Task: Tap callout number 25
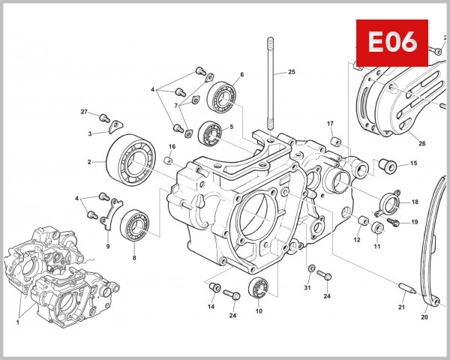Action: click(x=292, y=72)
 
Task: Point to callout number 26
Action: click(x=421, y=144)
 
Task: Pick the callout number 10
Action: click(x=259, y=311)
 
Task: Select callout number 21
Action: click(x=401, y=308)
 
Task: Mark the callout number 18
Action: click(x=415, y=202)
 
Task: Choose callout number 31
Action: click(x=307, y=288)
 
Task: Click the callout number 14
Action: click(x=211, y=307)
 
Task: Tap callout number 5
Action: click(x=231, y=127)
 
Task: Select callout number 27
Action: click(x=85, y=112)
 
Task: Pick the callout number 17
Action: click(x=330, y=123)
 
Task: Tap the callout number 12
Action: click(x=357, y=240)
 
